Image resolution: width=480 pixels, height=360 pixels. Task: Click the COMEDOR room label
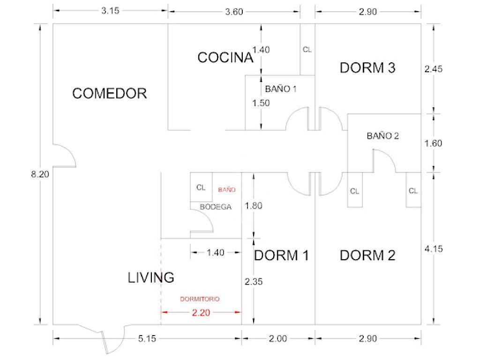tap(110, 93)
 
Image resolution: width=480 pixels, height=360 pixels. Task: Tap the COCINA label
tap(225, 58)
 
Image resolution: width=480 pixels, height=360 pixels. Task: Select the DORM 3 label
tap(367, 67)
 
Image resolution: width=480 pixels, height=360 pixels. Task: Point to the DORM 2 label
tap(367, 255)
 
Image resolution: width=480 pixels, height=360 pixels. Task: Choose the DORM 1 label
tap(281, 255)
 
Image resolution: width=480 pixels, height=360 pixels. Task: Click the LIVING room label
tap(151, 277)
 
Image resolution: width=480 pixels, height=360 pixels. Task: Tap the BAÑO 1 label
tap(281, 89)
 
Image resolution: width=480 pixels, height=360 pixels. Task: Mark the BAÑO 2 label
tap(382, 135)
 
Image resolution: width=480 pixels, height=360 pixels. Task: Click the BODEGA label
tap(216, 207)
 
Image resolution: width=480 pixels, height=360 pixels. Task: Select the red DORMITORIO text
tap(200, 299)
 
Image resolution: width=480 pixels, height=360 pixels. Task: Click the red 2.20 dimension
tap(201, 313)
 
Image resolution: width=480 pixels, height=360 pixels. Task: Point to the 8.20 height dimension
tap(40, 174)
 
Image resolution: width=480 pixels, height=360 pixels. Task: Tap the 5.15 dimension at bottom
tap(147, 338)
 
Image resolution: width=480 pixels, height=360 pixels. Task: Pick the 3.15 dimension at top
tap(110, 11)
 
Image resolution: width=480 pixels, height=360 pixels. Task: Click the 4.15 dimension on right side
tap(434, 249)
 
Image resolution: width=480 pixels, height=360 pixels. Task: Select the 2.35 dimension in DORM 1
tap(254, 281)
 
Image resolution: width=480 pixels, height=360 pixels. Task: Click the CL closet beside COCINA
tap(307, 50)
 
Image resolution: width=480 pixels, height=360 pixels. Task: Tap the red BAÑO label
tap(227, 190)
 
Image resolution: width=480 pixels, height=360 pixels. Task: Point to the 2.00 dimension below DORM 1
tap(278, 338)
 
